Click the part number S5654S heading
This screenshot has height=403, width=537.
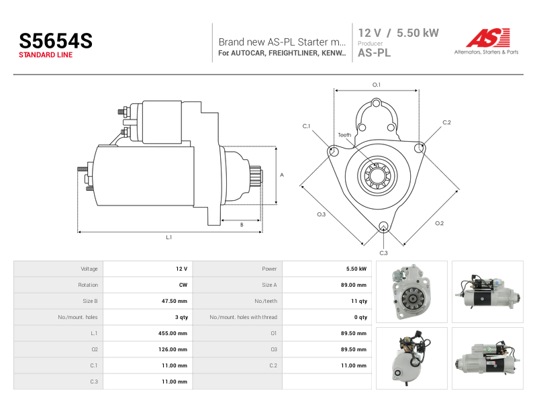56,41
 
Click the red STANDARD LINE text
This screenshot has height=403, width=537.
46,55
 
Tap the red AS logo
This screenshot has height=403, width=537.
488,38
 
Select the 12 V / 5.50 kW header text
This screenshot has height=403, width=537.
398,33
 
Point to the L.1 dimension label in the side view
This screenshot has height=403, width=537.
169,237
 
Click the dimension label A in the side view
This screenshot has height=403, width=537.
282,175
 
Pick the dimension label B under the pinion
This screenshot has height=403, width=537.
242,225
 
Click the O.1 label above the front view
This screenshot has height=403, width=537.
377,85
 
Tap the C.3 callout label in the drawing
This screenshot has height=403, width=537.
383,253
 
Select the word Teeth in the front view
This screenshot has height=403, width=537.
344,135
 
